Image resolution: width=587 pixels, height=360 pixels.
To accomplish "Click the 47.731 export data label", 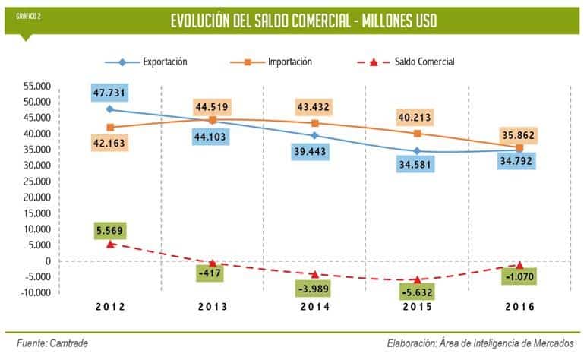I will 110,93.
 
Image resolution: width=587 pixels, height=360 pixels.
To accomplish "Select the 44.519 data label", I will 213,106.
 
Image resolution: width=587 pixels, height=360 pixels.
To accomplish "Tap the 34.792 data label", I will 516,160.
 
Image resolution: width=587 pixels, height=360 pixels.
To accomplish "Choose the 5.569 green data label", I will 110,229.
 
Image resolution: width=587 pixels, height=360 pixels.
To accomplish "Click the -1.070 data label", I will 516,278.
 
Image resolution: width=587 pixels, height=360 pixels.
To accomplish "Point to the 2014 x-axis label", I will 314,307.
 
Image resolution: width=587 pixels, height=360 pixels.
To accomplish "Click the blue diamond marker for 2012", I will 110,109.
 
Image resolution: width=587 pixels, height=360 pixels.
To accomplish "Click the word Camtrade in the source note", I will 68,343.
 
